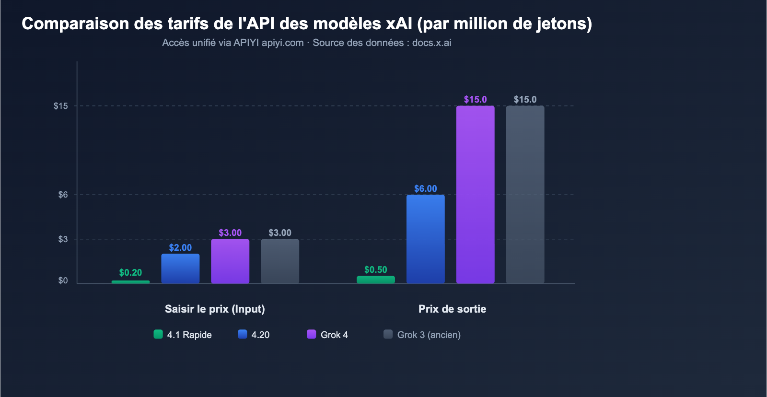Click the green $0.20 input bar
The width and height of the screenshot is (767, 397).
(130, 282)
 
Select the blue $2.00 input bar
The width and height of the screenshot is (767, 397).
(180, 269)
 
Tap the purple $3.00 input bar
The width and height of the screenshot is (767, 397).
(230, 261)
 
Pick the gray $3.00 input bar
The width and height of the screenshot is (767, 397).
(280, 261)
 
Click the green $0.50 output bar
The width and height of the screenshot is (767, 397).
(376, 280)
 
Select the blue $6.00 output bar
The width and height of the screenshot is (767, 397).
(426, 239)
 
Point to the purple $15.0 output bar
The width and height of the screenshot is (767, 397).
(476, 194)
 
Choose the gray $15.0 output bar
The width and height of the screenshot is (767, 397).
(525, 194)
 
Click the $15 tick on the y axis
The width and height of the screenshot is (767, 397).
(61, 106)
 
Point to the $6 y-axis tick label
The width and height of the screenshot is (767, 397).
(63, 195)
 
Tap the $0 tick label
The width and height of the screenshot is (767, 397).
(63, 280)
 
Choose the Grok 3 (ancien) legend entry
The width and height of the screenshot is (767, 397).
(429, 335)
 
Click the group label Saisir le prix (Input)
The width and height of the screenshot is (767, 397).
(215, 309)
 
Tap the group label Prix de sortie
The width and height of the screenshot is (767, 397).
(452, 309)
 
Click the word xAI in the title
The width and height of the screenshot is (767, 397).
(399, 23)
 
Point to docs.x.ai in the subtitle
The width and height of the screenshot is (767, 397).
(431, 43)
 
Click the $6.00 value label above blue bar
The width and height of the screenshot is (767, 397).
(426, 188)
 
